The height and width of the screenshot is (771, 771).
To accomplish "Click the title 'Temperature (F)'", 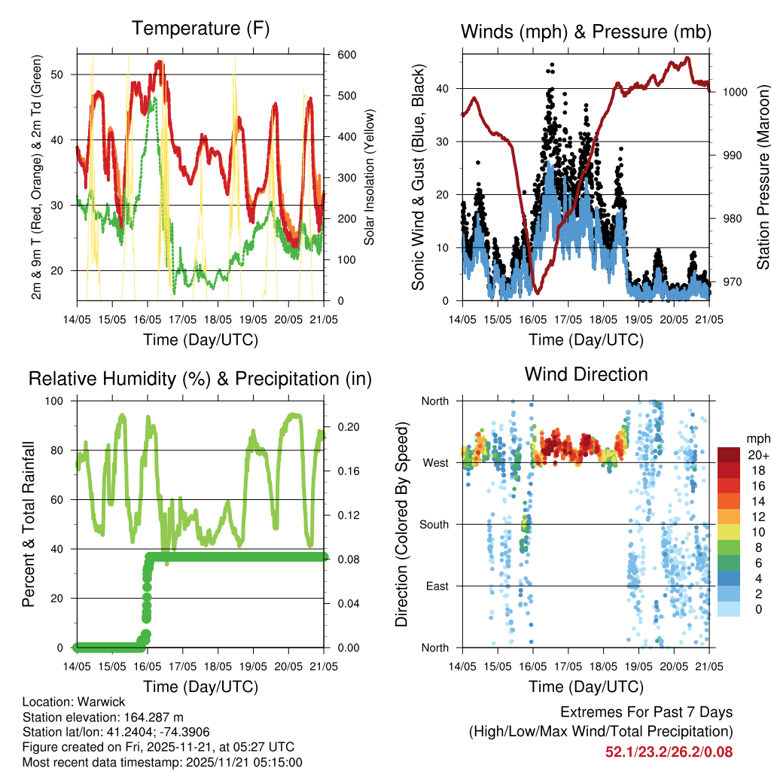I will click(x=200, y=29).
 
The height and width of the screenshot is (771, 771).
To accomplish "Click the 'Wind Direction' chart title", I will click(x=586, y=374).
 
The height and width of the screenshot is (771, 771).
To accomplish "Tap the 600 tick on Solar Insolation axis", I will click(x=346, y=55).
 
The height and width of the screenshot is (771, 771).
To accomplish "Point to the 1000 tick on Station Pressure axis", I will click(x=733, y=92).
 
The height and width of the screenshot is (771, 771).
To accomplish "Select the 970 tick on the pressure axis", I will click(x=730, y=282).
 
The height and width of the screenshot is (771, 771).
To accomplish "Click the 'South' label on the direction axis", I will click(x=434, y=524).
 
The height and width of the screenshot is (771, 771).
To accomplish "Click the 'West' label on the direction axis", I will click(x=436, y=462).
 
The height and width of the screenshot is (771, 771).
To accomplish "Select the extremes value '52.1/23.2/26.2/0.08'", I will click(x=669, y=751).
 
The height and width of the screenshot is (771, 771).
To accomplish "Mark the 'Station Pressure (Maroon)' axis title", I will click(x=763, y=177).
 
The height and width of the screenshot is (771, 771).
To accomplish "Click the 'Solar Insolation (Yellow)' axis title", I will click(x=370, y=177).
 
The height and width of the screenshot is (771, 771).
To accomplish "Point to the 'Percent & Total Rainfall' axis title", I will click(x=28, y=524).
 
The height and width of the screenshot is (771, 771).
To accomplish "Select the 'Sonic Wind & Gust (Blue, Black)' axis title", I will click(x=419, y=177).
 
